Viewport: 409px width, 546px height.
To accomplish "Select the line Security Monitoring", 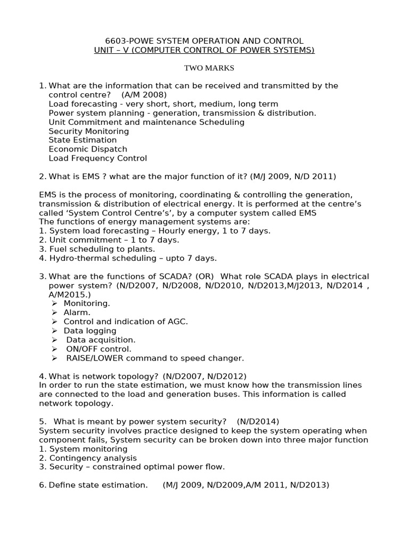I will [x=88, y=131].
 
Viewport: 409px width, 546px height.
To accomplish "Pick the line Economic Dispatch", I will [x=87, y=149].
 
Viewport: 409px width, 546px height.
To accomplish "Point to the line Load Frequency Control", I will [x=97, y=158].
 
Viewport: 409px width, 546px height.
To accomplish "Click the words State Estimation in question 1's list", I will [x=83, y=140].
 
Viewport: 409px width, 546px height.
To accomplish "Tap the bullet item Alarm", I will [x=77, y=312].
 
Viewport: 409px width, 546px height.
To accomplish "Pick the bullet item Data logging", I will [x=90, y=331].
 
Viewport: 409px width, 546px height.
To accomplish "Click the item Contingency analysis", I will [x=93, y=458].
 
